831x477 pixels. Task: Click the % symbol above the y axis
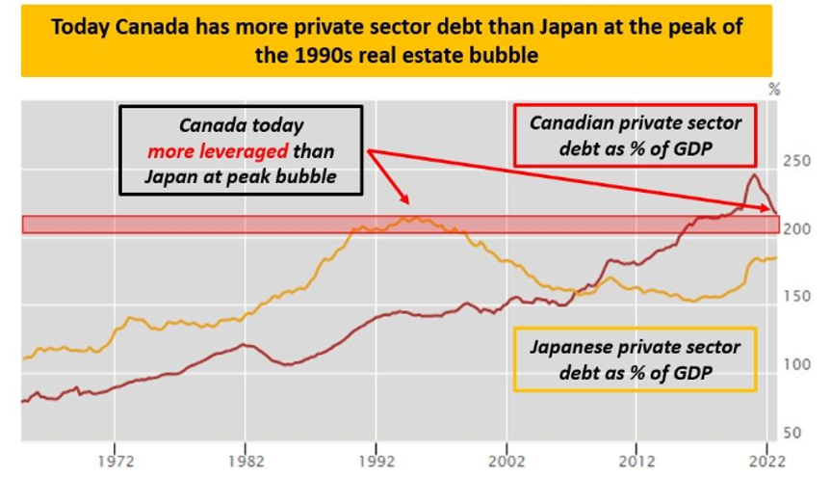773,90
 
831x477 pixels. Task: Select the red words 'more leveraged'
218,151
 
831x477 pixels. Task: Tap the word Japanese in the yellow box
570,347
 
